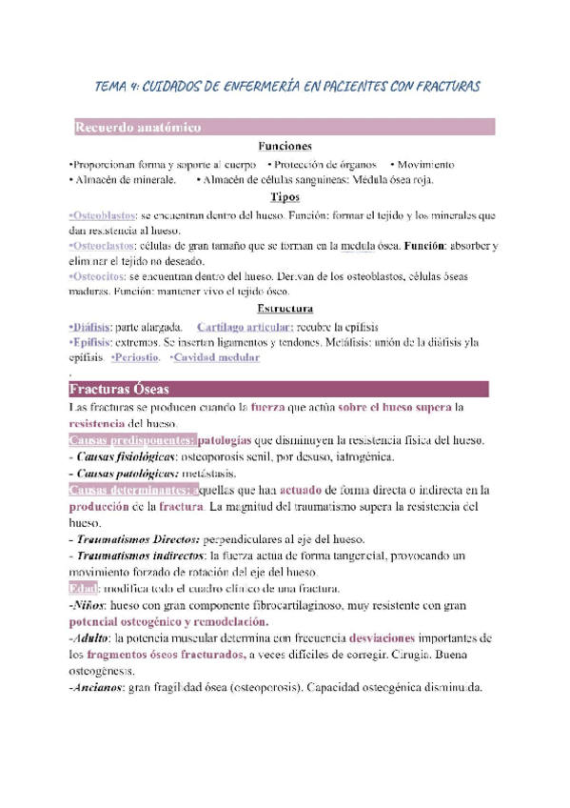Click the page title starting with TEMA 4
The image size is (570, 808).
[x=287, y=87]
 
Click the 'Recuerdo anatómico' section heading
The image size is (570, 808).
[x=137, y=127]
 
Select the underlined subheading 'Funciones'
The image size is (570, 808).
[x=285, y=147]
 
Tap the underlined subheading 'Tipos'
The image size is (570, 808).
[x=285, y=197]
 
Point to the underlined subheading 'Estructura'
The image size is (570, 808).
[x=285, y=309]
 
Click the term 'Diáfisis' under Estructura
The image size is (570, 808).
[x=91, y=326]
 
